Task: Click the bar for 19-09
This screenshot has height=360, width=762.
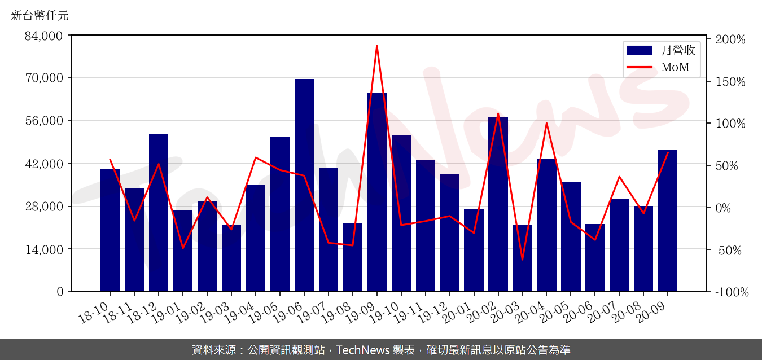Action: pyautogui.click(x=377, y=192)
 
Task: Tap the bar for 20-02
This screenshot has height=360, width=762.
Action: pyautogui.click(x=498, y=204)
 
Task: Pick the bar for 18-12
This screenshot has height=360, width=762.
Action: pyautogui.click(x=159, y=213)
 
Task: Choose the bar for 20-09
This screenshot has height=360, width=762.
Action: pyautogui.click(x=668, y=221)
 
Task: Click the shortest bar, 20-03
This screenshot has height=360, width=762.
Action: pyautogui.click(x=522, y=258)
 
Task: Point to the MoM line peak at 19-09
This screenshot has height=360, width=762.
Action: pyautogui.click(x=377, y=46)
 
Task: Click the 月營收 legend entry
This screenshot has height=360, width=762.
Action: pyautogui.click(x=661, y=50)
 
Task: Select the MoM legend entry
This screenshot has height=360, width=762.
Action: pyautogui.click(x=661, y=68)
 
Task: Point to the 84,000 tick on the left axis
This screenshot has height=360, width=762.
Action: pyautogui.click(x=44, y=36)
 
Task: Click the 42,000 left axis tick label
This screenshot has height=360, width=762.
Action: pyautogui.click(x=44, y=164)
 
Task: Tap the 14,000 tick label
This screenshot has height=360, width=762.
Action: pyautogui.click(x=44, y=249)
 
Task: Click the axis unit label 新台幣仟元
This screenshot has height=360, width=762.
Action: pyautogui.click(x=40, y=16)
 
